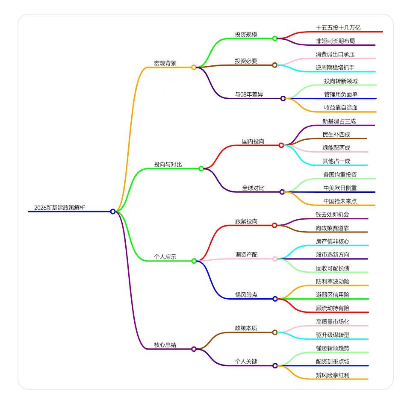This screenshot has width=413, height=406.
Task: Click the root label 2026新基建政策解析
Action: pos(60,208)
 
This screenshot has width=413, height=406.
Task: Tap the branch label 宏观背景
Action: pos(165,63)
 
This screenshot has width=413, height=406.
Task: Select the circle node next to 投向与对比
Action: pos(201,169)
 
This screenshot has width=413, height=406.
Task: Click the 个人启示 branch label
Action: pos(165,257)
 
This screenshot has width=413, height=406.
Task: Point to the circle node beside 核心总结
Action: pos(194,349)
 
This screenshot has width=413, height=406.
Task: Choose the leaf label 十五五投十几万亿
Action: pos(339,28)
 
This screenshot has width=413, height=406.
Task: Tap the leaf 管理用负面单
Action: pos(341,94)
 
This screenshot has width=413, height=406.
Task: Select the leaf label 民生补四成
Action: pos(336,135)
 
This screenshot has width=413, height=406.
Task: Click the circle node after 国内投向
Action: pos(281,145)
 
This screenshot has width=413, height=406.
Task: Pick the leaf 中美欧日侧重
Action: pos(340,188)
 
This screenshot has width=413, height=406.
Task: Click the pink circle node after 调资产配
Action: pos(275,259)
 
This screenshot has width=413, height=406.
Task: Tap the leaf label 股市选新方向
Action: pos(333,255)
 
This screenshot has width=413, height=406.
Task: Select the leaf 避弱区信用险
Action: pos(333,295)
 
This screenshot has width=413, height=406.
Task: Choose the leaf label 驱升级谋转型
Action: pos(333,335)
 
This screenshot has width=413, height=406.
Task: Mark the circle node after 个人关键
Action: pos(275,366)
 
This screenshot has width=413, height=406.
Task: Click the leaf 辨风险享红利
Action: pos(333,375)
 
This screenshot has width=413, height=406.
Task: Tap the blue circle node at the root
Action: pos(113,212)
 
